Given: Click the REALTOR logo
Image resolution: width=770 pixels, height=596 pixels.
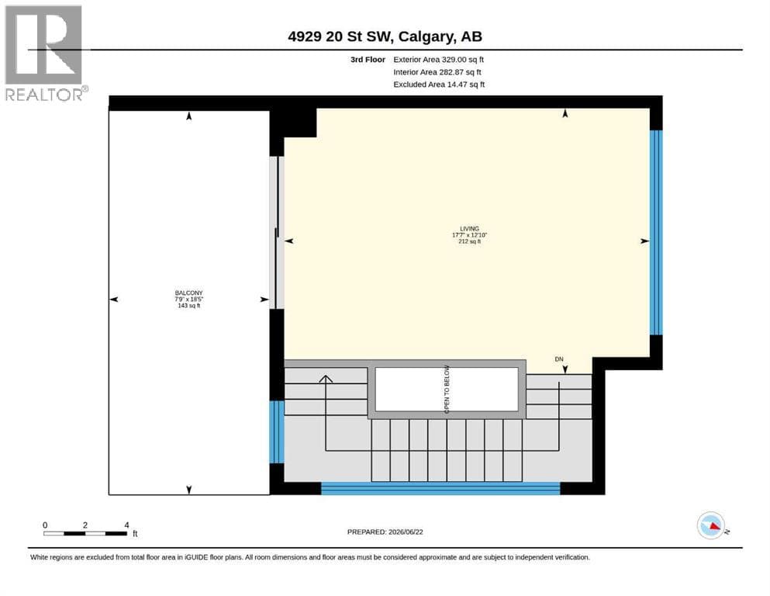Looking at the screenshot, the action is click(x=45, y=53).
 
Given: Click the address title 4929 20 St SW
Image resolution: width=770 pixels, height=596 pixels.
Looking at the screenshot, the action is click(x=340, y=36).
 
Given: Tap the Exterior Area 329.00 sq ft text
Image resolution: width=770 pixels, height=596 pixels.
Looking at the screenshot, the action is click(x=439, y=60).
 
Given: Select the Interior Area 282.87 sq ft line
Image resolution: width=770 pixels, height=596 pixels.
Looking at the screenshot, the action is click(x=437, y=71).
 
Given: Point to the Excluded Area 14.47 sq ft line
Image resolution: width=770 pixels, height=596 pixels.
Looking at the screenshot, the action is click(x=439, y=85).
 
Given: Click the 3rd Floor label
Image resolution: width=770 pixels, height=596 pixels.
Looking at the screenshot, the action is click(x=368, y=60).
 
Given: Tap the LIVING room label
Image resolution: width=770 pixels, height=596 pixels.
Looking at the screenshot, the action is click(x=469, y=228).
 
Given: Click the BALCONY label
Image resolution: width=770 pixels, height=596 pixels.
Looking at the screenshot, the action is click(x=188, y=293).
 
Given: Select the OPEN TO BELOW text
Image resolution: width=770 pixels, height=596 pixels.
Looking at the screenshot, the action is click(x=447, y=389).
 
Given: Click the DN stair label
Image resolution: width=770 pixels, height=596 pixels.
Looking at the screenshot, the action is click(x=559, y=359).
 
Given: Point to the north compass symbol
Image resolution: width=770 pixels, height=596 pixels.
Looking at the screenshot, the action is click(x=712, y=525).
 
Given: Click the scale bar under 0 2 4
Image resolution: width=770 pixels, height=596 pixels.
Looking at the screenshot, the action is click(x=85, y=534).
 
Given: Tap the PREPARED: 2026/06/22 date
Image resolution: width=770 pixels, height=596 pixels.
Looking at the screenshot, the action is click(x=385, y=532).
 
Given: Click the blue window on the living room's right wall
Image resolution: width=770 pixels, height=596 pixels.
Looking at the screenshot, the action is click(x=656, y=232).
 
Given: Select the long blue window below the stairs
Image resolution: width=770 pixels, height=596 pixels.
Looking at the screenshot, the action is click(x=440, y=488).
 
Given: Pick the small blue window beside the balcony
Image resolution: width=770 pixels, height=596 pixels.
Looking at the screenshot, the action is click(x=277, y=432).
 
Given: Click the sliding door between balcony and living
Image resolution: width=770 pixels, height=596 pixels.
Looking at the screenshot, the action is click(x=278, y=232).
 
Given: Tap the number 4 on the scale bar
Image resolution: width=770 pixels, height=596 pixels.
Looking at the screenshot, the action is click(x=126, y=525).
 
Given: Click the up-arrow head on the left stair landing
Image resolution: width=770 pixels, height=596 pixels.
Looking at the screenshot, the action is click(x=326, y=379).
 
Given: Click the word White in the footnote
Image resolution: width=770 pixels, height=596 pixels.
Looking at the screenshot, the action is click(x=40, y=557).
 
